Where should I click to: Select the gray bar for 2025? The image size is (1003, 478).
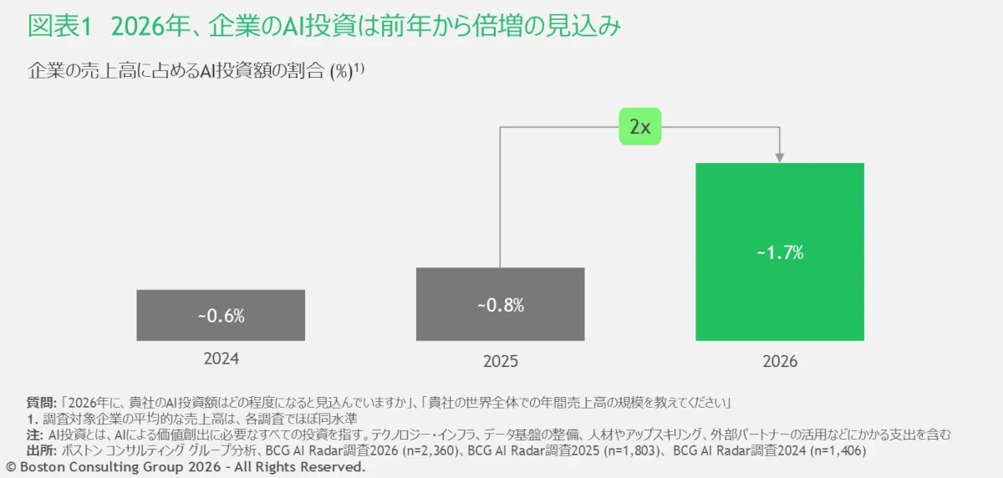click(500, 304)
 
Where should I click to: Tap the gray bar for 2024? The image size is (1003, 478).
click(221, 315)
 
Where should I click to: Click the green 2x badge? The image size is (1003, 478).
click(639, 127)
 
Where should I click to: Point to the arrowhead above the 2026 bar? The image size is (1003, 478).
click(779, 156)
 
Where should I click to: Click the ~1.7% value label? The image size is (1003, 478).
click(780, 253)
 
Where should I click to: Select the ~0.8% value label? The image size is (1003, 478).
click(500, 305)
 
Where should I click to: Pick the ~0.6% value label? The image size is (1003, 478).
click(221, 316)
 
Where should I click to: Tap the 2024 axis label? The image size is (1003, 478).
click(221, 358)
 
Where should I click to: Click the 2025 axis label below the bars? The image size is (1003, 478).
click(500, 362)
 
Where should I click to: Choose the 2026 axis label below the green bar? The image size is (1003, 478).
click(779, 362)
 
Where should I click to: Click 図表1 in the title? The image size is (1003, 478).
click(58, 27)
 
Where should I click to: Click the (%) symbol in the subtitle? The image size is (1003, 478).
click(340, 72)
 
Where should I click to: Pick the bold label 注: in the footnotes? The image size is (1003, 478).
click(34, 435)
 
